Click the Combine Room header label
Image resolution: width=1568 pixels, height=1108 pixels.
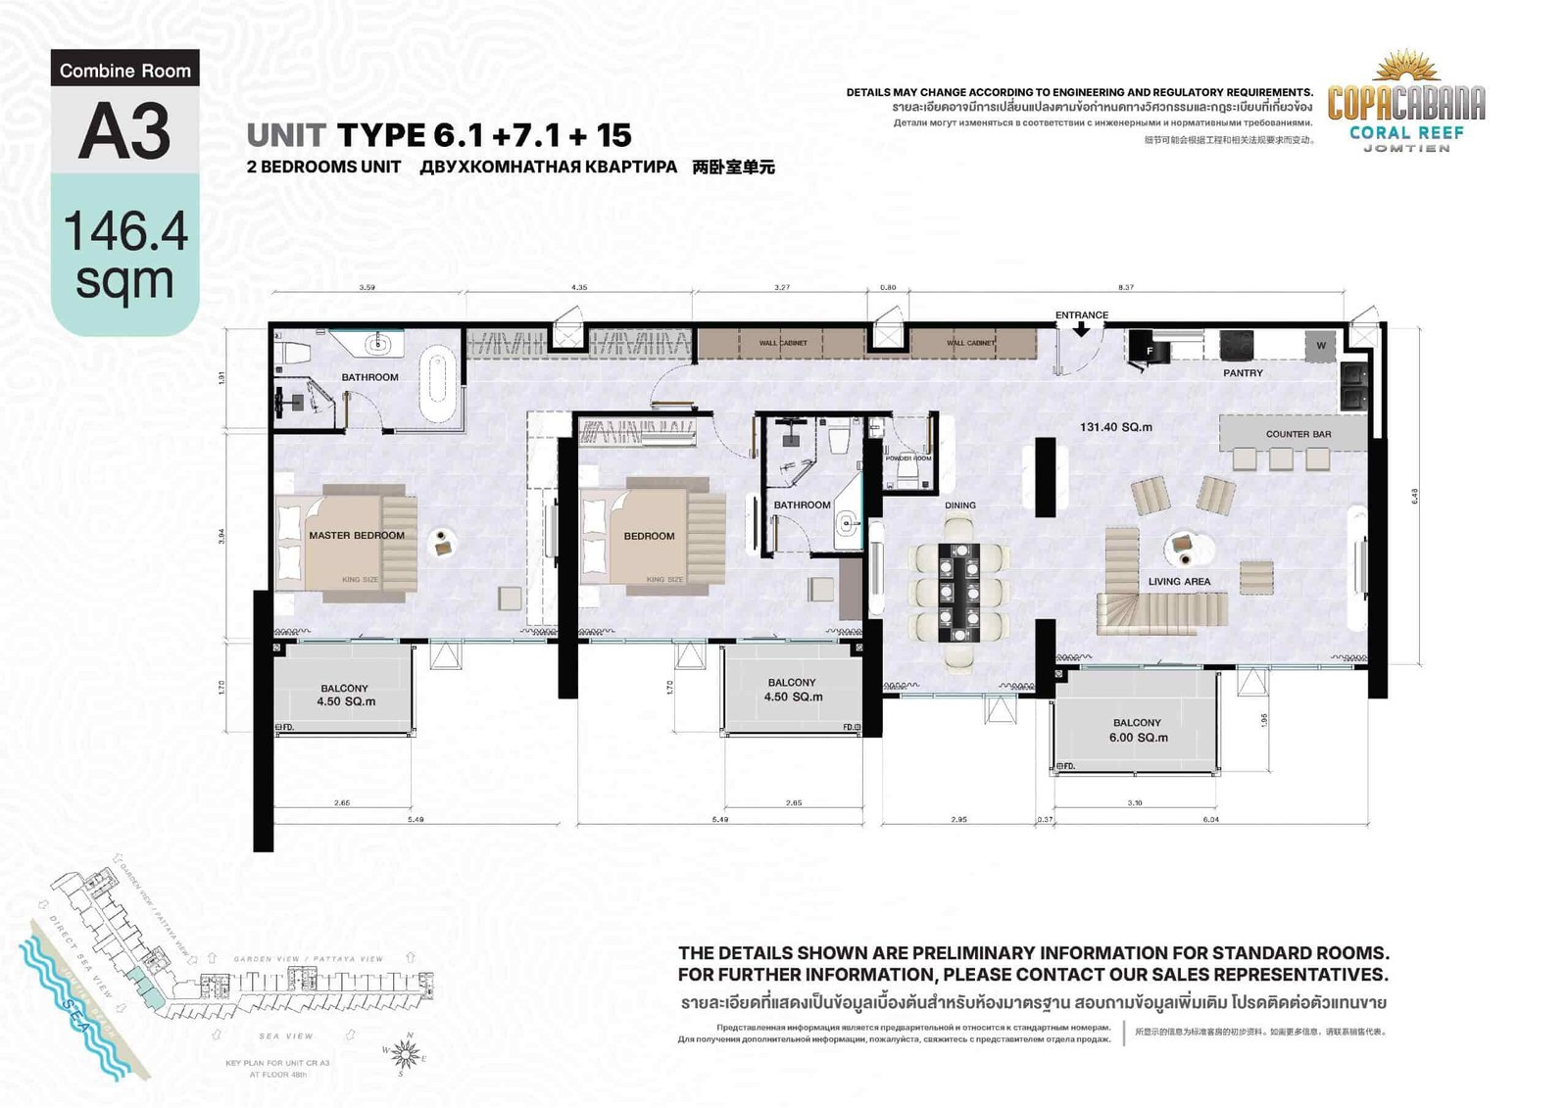(x=124, y=71)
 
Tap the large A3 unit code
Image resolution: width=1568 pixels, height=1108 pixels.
(x=124, y=131)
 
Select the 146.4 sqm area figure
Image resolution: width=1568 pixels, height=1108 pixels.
(x=124, y=256)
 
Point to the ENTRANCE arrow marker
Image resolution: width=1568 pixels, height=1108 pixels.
(x=1081, y=330)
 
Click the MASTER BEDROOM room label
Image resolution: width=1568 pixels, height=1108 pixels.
(x=356, y=535)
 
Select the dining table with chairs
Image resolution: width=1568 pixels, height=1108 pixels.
(x=959, y=591)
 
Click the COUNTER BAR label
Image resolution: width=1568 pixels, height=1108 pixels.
(x=1298, y=434)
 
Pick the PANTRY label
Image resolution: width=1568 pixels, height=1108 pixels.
(x=1243, y=373)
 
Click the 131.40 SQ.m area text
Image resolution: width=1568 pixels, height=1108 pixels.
(x=1115, y=427)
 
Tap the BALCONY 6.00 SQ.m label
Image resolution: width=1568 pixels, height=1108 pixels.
(x=1137, y=730)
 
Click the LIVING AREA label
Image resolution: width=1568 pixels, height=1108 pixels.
(x=1179, y=581)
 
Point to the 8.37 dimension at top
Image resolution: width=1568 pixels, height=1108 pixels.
(x=1125, y=288)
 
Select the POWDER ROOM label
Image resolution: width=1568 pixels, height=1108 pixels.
(x=908, y=458)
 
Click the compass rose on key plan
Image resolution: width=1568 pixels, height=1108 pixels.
(x=405, y=1054)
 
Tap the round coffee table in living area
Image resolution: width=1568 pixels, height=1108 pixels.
(x=1189, y=549)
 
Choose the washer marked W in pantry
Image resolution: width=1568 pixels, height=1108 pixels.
(x=1320, y=345)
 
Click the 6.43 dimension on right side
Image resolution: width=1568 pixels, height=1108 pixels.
(x=1414, y=496)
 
